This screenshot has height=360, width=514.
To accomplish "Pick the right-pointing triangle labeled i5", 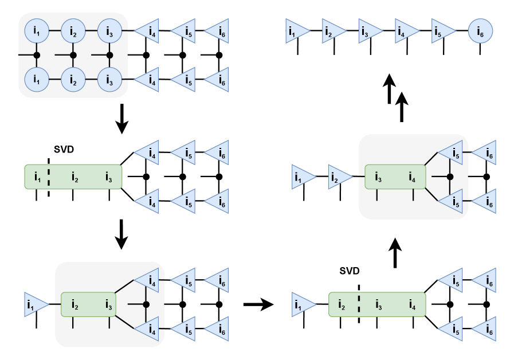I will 442,31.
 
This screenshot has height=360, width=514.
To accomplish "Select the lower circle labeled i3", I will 109,79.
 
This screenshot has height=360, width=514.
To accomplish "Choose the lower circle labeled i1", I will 37,79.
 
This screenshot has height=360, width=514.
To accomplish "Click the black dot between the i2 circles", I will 73,55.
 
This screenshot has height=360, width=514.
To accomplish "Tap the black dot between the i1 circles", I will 37,55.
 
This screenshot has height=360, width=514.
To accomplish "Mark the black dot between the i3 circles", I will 109,55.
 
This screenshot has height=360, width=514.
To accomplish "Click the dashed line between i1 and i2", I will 49,177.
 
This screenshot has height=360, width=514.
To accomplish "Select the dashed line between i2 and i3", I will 359,304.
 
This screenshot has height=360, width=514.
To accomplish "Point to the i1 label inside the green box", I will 37,177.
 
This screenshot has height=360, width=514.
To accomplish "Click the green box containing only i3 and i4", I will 395,177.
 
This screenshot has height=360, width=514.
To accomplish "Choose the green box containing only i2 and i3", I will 89,304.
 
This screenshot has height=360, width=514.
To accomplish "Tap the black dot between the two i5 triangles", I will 450,177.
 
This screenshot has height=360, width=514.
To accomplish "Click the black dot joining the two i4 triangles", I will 146,304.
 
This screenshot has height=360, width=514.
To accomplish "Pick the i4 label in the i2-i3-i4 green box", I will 413,305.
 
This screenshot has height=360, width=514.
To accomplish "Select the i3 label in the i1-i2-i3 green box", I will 109,177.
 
